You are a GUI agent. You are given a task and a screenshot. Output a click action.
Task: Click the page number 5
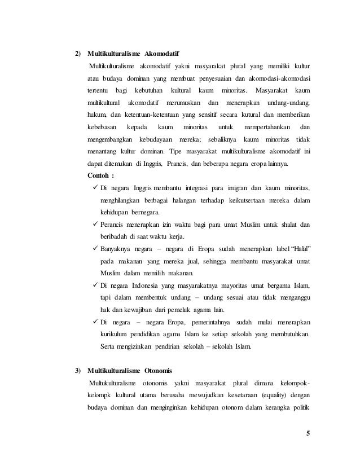click(308, 433)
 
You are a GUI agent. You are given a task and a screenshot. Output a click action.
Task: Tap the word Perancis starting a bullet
click(113, 225)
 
